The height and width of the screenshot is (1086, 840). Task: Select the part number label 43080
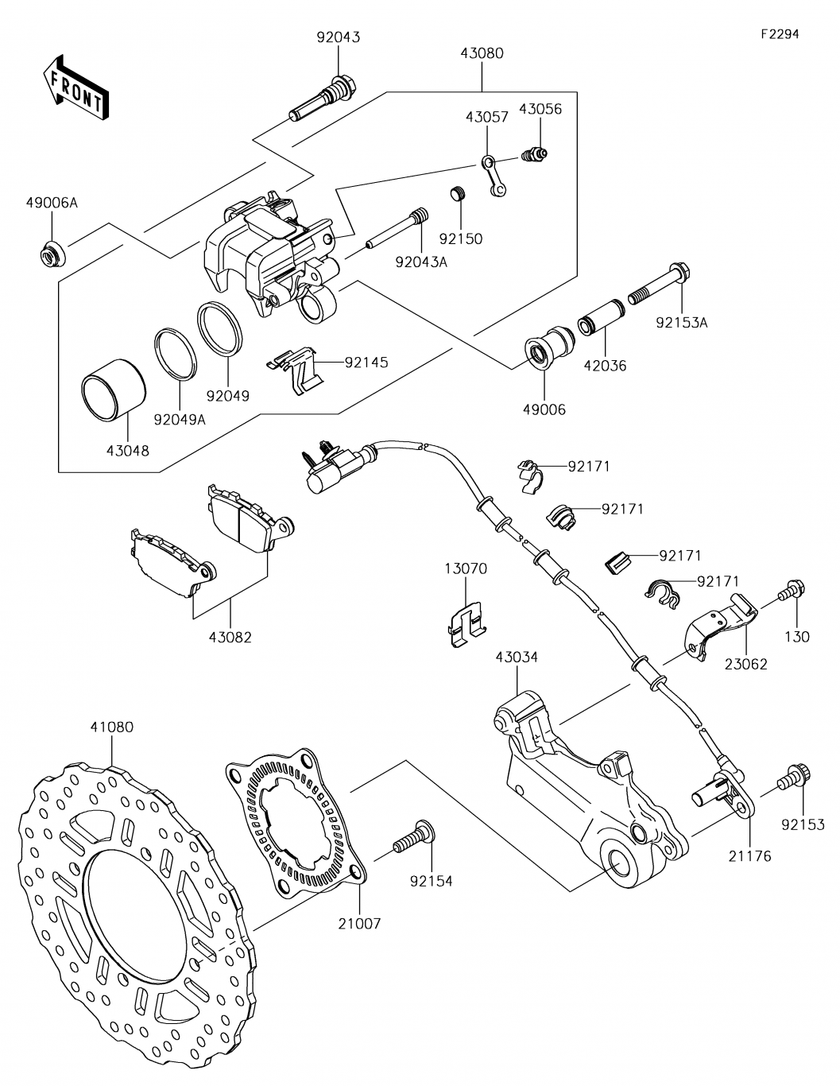tap(482, 53)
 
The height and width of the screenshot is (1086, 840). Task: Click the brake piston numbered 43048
tap(114, 395)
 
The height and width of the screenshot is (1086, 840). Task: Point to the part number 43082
tap(230, 637)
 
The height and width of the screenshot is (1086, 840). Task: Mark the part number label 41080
tap(111, 726)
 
